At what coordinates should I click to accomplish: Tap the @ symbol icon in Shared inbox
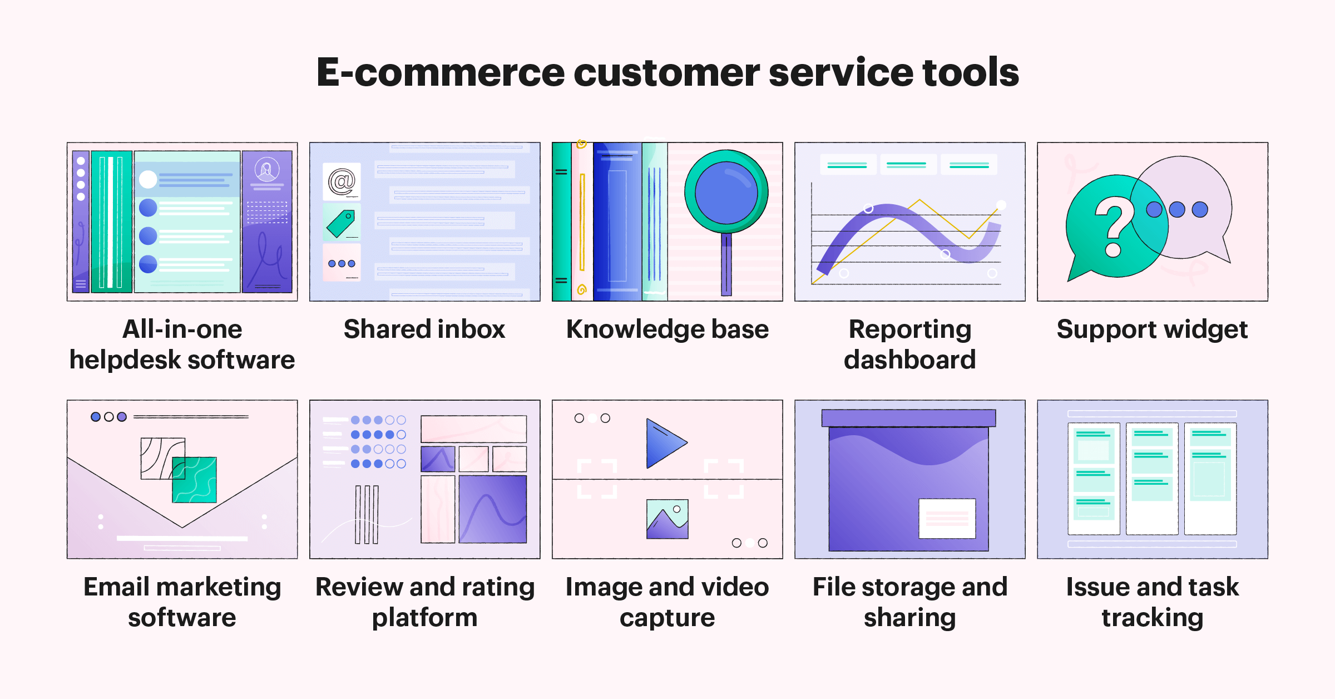[342, 181]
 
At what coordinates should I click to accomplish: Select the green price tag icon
[341, 224]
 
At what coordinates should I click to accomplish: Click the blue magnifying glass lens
[726, 192]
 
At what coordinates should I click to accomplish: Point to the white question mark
[1114, 225]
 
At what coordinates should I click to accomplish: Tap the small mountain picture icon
[667, 519]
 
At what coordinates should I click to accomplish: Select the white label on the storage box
[947, 518]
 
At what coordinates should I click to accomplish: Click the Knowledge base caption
[667, 329]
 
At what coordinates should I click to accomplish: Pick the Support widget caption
[1152, 329]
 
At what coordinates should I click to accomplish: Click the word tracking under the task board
[1152, 618]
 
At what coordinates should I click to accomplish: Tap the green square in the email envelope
[195, 480]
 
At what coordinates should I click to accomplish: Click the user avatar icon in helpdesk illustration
[267, 169]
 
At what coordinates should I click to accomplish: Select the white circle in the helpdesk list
[148, 179]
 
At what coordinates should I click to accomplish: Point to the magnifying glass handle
[726, 264]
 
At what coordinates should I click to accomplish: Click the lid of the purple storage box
[908, 418]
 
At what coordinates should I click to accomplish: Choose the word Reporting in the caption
[909, 329]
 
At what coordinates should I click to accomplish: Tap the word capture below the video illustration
[667, 618]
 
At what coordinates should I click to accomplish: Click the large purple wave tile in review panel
[493, 509]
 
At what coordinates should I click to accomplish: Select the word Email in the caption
[117, 587]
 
